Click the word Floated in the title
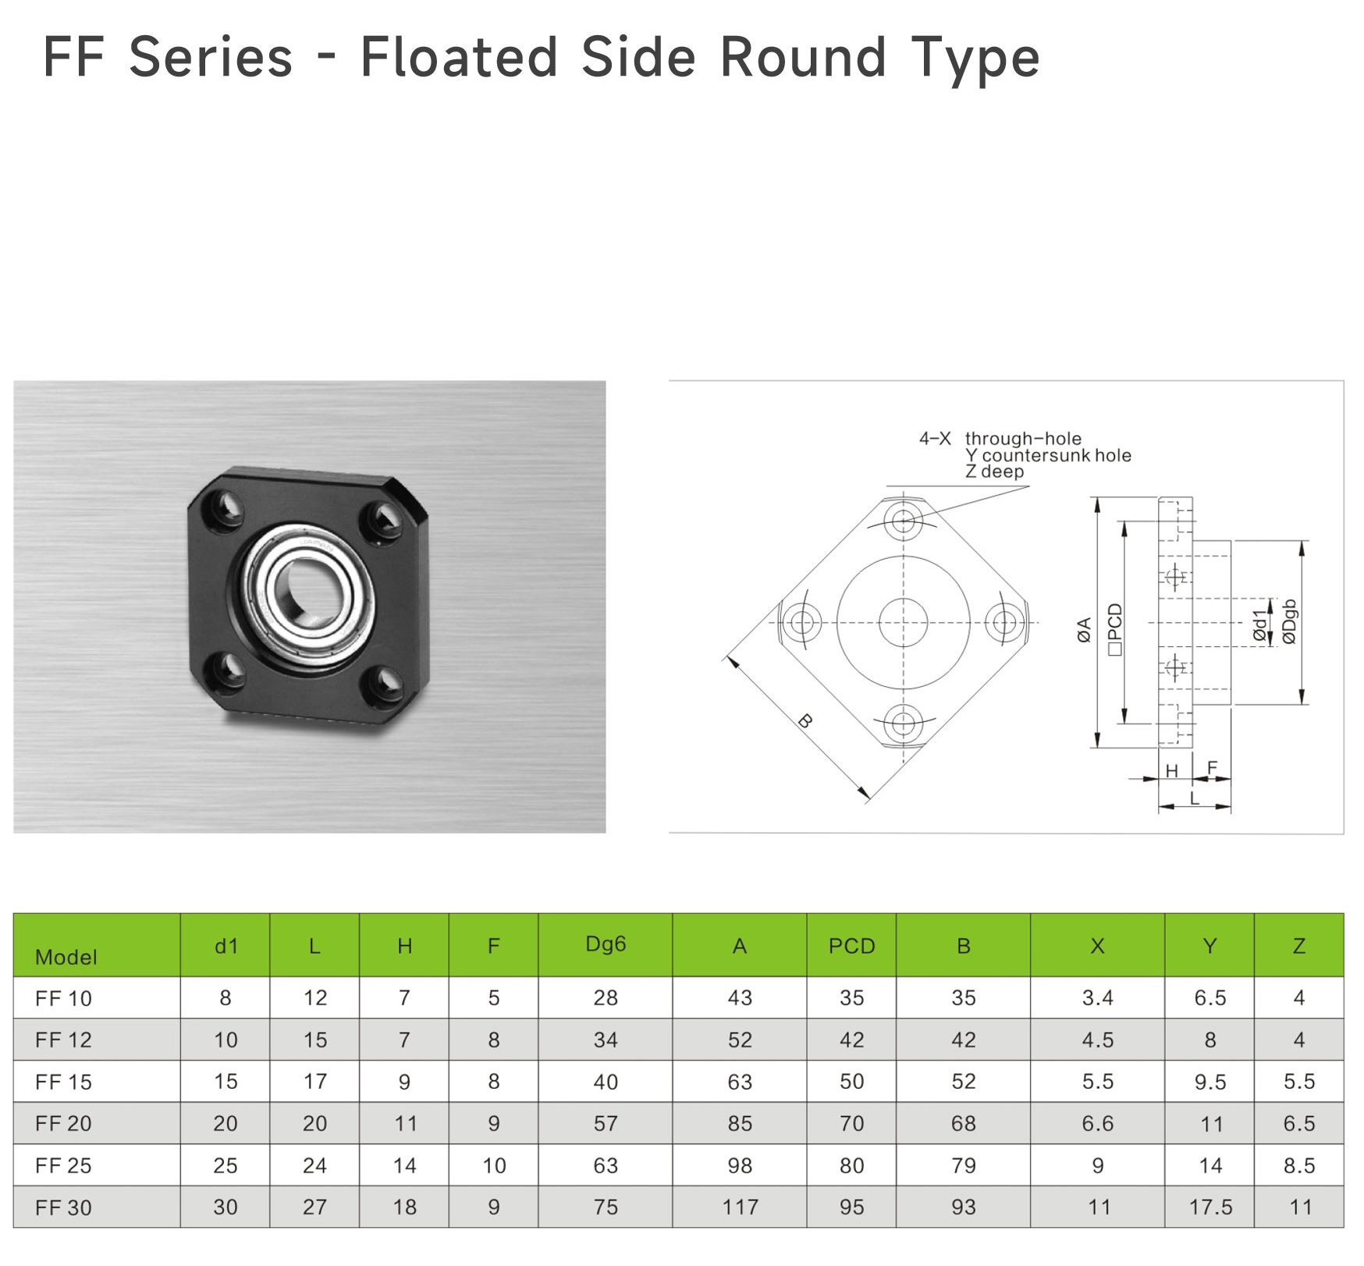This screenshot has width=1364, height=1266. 459,57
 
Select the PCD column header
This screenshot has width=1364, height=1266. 851,946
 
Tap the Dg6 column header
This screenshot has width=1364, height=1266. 606,944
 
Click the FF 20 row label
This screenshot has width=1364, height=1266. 63,1123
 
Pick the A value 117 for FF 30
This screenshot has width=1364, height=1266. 740,1207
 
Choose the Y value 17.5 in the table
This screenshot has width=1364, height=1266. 1210,1207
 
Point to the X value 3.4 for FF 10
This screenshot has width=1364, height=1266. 1097,998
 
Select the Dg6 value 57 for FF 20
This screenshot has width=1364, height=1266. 606,1123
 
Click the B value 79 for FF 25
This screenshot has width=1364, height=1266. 963,1165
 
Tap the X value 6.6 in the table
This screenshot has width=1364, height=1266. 1097,1123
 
